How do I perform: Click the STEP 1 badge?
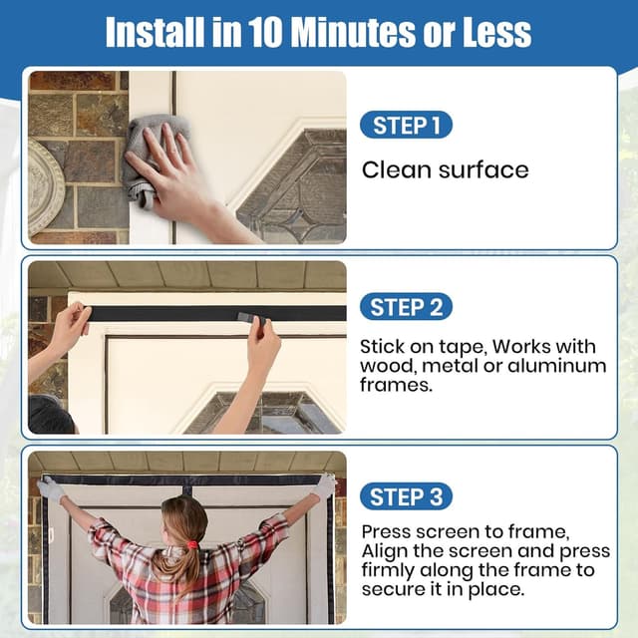point(406,125)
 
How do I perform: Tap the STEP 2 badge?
point(406,307)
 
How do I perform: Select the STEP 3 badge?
point(406,496)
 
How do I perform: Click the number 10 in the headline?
point(265,33)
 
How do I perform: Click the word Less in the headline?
point(496,33)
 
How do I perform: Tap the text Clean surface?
point(446,169)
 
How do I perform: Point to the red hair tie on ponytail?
point(192,544)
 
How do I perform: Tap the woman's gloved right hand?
point(324,486)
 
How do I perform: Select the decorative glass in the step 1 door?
point(293,187)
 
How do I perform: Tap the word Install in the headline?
point(156,33)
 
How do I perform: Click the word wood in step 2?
point(387,366)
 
